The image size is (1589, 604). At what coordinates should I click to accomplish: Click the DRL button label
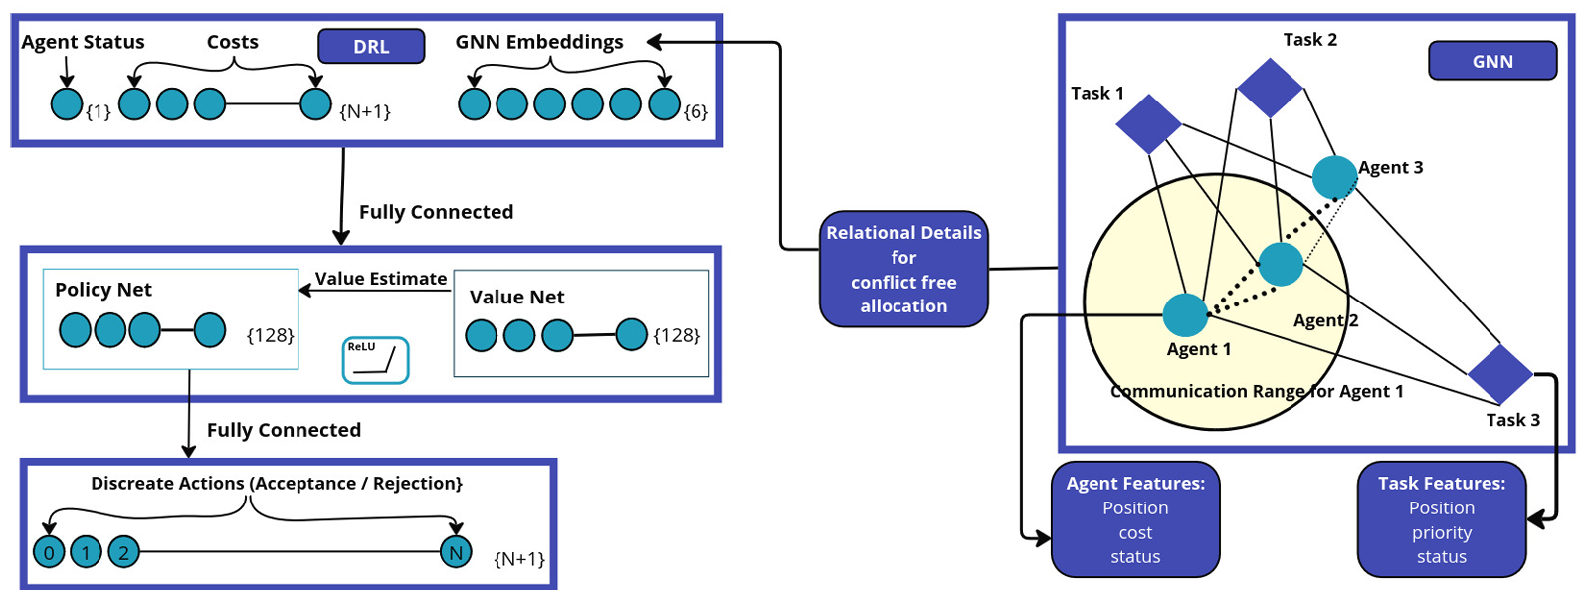[371, 47]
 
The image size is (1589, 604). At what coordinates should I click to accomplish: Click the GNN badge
[1491, 61]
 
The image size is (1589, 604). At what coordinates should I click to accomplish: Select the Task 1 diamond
[1148, 123]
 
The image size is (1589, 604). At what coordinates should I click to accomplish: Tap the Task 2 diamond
[1270, 88]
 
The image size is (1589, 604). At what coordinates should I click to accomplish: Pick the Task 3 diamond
[1499, 374]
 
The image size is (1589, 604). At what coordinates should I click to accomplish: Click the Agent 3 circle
[1334, 177]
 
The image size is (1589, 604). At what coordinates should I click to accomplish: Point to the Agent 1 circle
[1185, 314]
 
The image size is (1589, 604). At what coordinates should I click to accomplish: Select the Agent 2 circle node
[1281, 264]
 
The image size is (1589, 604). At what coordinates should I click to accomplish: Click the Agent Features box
[1135, 519]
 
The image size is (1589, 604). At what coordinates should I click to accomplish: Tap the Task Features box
[1441, 519]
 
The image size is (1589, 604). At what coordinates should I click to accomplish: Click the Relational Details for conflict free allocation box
[903, 269]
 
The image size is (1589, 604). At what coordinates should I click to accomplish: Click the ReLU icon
[375, 360]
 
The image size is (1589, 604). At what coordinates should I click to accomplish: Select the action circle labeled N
[456, 552]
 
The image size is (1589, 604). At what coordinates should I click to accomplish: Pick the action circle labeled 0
[49, 552]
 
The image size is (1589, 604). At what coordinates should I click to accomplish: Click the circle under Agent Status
[67, 103]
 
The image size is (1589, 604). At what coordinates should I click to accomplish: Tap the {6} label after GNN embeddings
[696, 111]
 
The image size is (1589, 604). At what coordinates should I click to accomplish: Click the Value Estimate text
[381, 279]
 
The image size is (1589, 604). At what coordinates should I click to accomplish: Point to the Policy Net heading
[103, 290]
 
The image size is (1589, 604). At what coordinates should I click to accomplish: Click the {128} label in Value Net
[677, 335]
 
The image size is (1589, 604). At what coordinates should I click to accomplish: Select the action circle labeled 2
[123, 552]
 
